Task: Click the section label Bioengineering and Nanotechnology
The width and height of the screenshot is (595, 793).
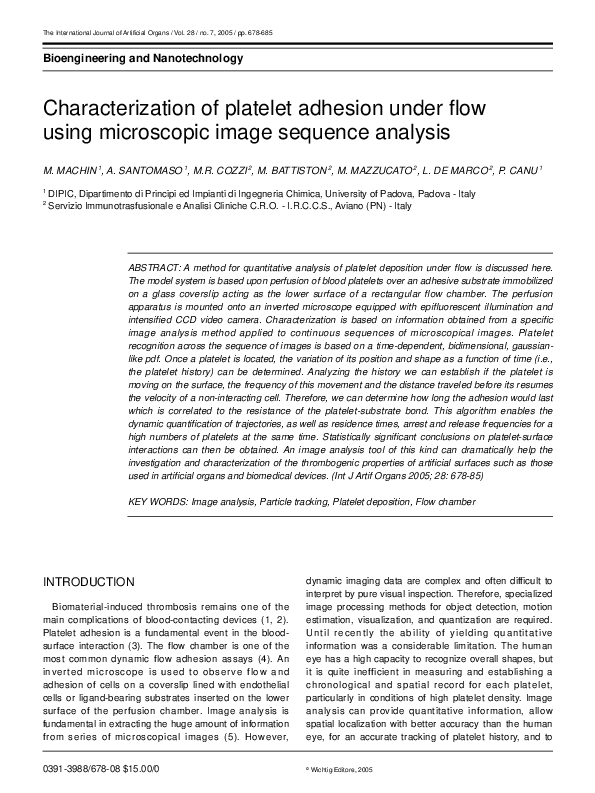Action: click(143, 59)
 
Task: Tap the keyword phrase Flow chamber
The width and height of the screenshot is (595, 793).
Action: click(445, 499)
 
